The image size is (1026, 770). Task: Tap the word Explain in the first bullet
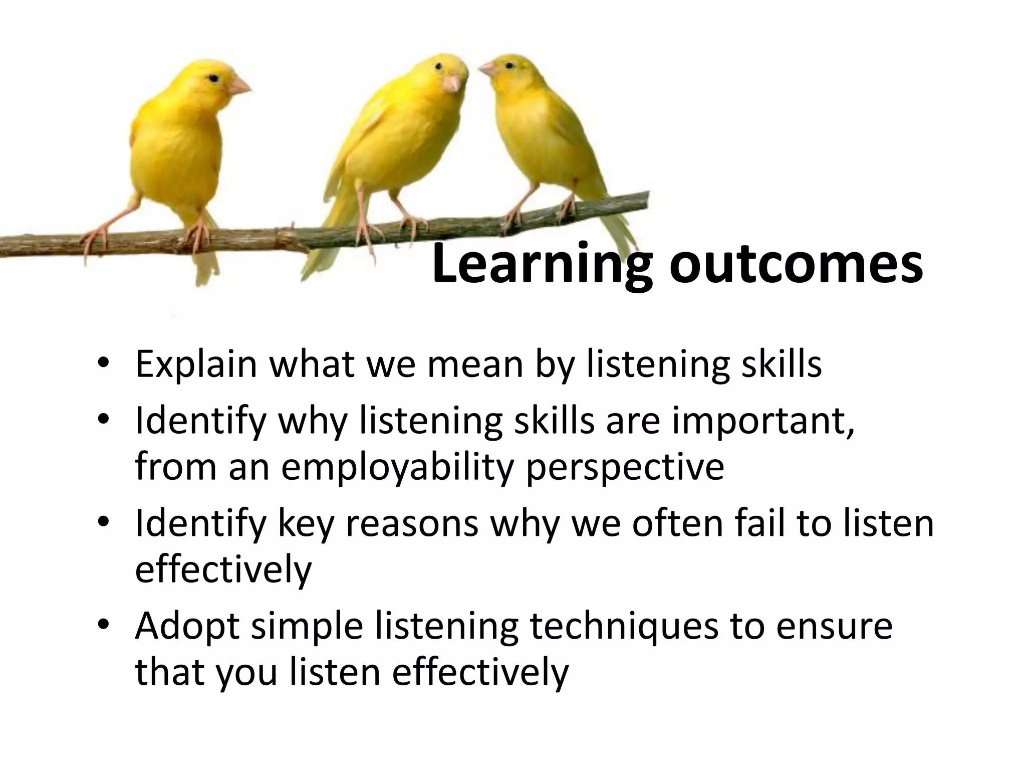(x=196, y=365)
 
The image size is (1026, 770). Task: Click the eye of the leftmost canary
(x=214, y=79)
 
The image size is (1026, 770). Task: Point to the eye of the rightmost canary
(x=509, y=66)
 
